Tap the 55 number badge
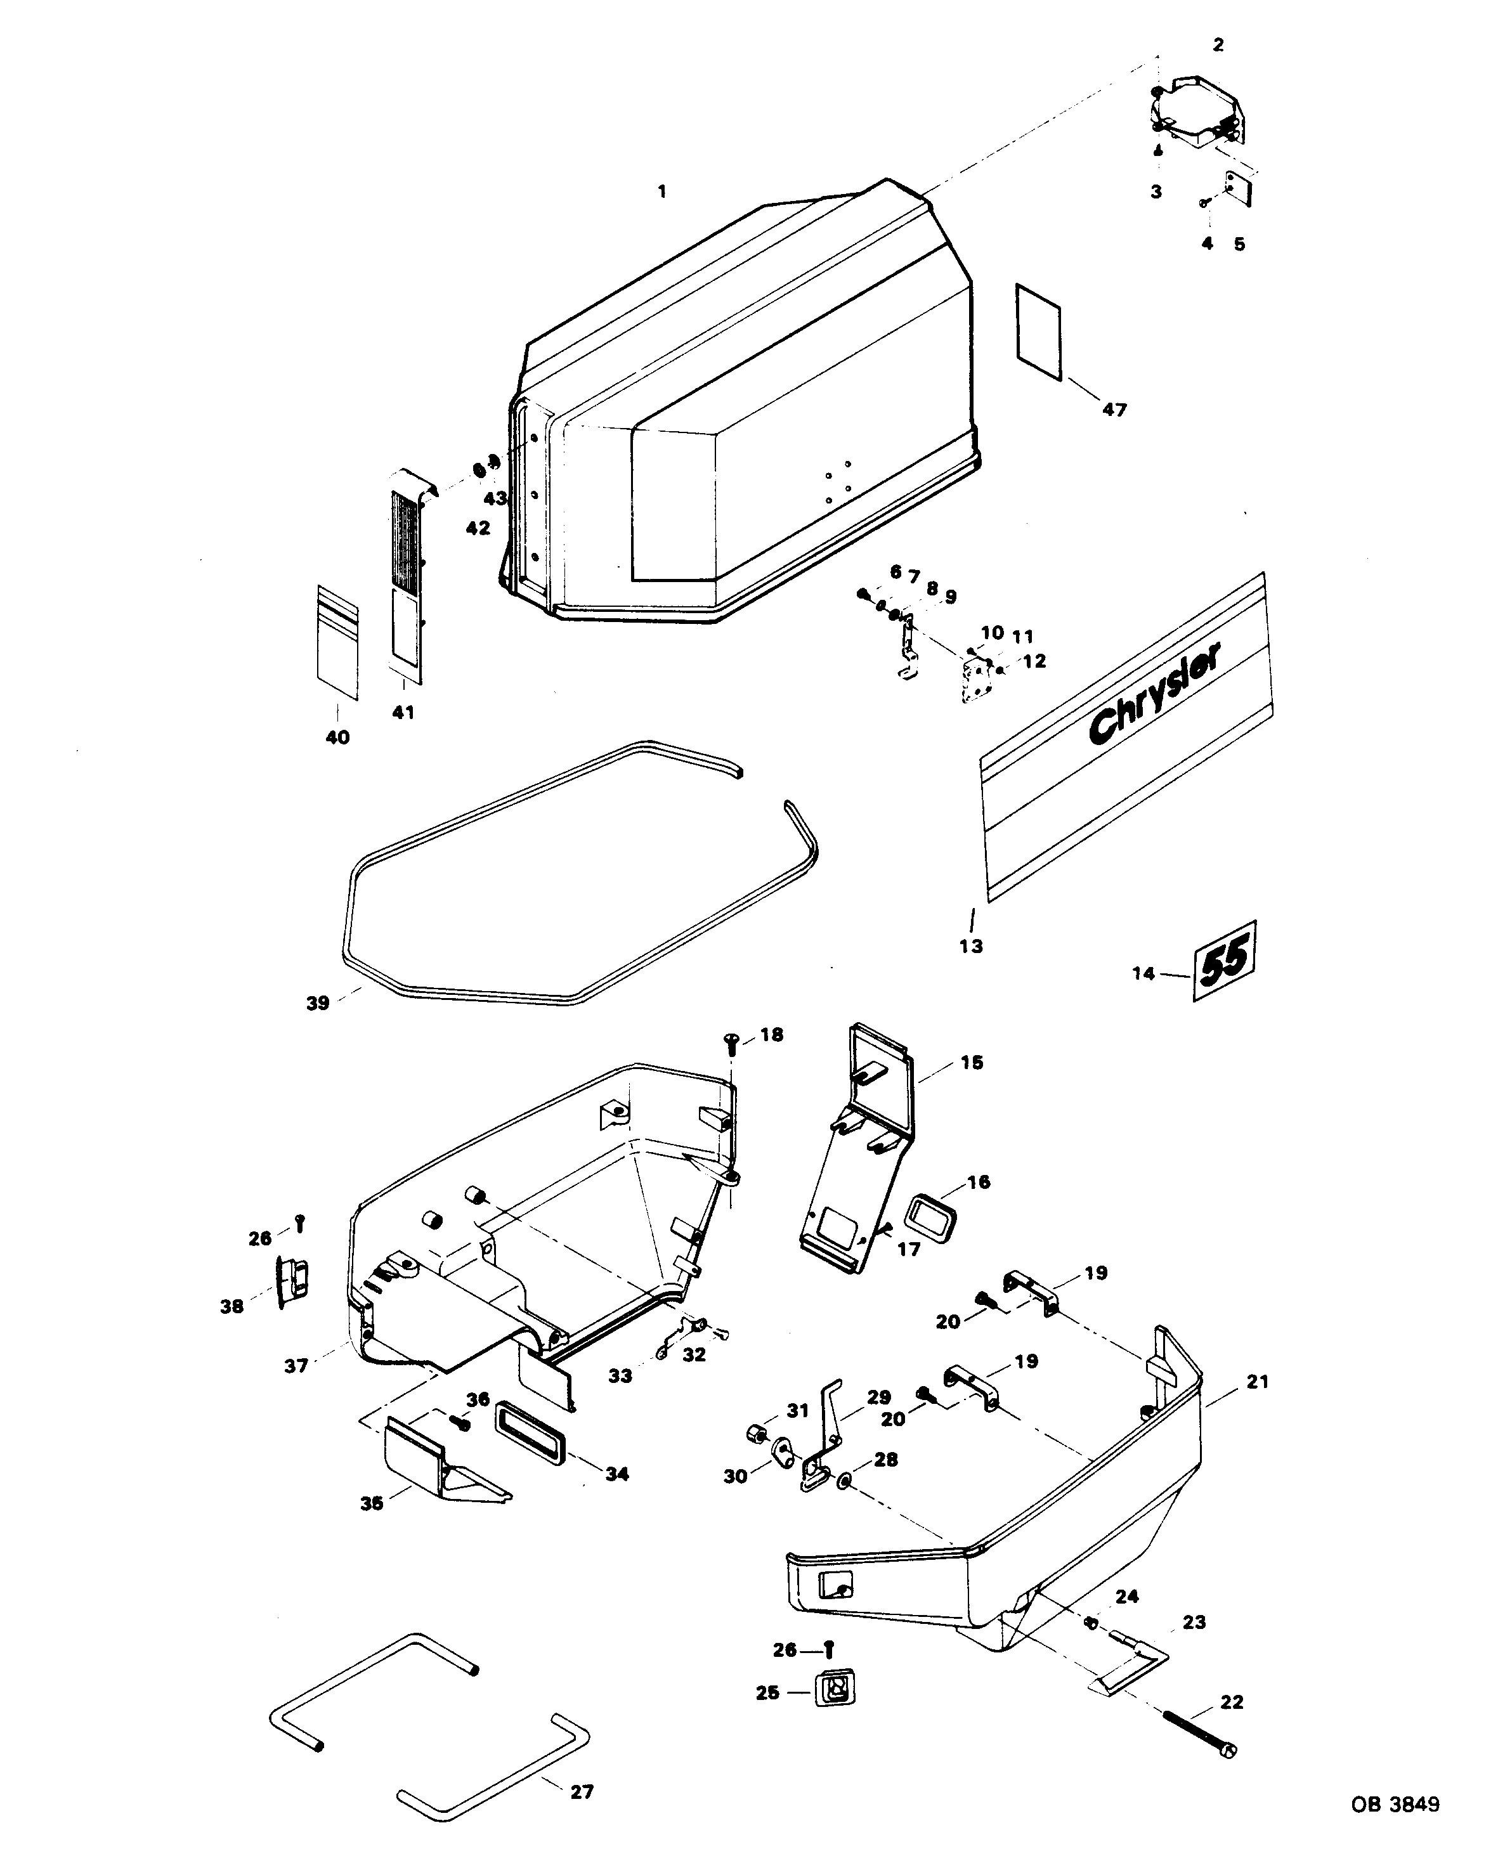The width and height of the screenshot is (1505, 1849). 1225,961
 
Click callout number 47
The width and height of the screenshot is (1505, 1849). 1114,409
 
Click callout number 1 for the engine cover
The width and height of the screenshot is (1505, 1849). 662,191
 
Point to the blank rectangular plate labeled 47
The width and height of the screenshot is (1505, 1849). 1039,330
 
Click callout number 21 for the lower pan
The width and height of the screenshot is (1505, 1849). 1257,1382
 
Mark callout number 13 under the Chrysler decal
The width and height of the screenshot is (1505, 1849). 971,945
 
